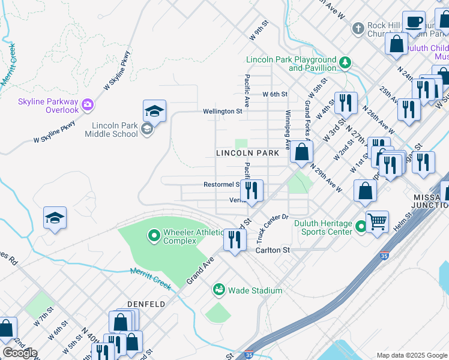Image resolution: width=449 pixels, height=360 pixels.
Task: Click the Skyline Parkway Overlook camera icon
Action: [88, 105]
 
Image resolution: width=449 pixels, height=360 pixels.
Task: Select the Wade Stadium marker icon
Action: [219, 290]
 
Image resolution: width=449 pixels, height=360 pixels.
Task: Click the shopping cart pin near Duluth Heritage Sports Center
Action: [377, 221]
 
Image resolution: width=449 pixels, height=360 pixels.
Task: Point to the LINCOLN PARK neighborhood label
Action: [247, 153]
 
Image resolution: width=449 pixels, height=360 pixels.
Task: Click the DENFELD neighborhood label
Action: [146, 304]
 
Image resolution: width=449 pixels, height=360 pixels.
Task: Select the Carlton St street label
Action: [273, 250]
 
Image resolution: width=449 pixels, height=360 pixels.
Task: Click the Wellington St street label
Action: [222, 111]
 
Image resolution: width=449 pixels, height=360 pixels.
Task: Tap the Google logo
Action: [20, 353]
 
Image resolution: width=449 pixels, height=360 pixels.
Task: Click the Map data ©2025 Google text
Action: [412, 355]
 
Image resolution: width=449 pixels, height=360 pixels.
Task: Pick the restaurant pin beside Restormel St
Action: [252, 190]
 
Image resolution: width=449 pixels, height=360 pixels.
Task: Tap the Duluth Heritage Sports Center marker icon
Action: [361, 227]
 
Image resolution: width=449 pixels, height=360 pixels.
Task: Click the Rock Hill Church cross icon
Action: [358, 28]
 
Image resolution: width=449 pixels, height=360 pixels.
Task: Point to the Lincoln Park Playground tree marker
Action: [345, 62]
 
